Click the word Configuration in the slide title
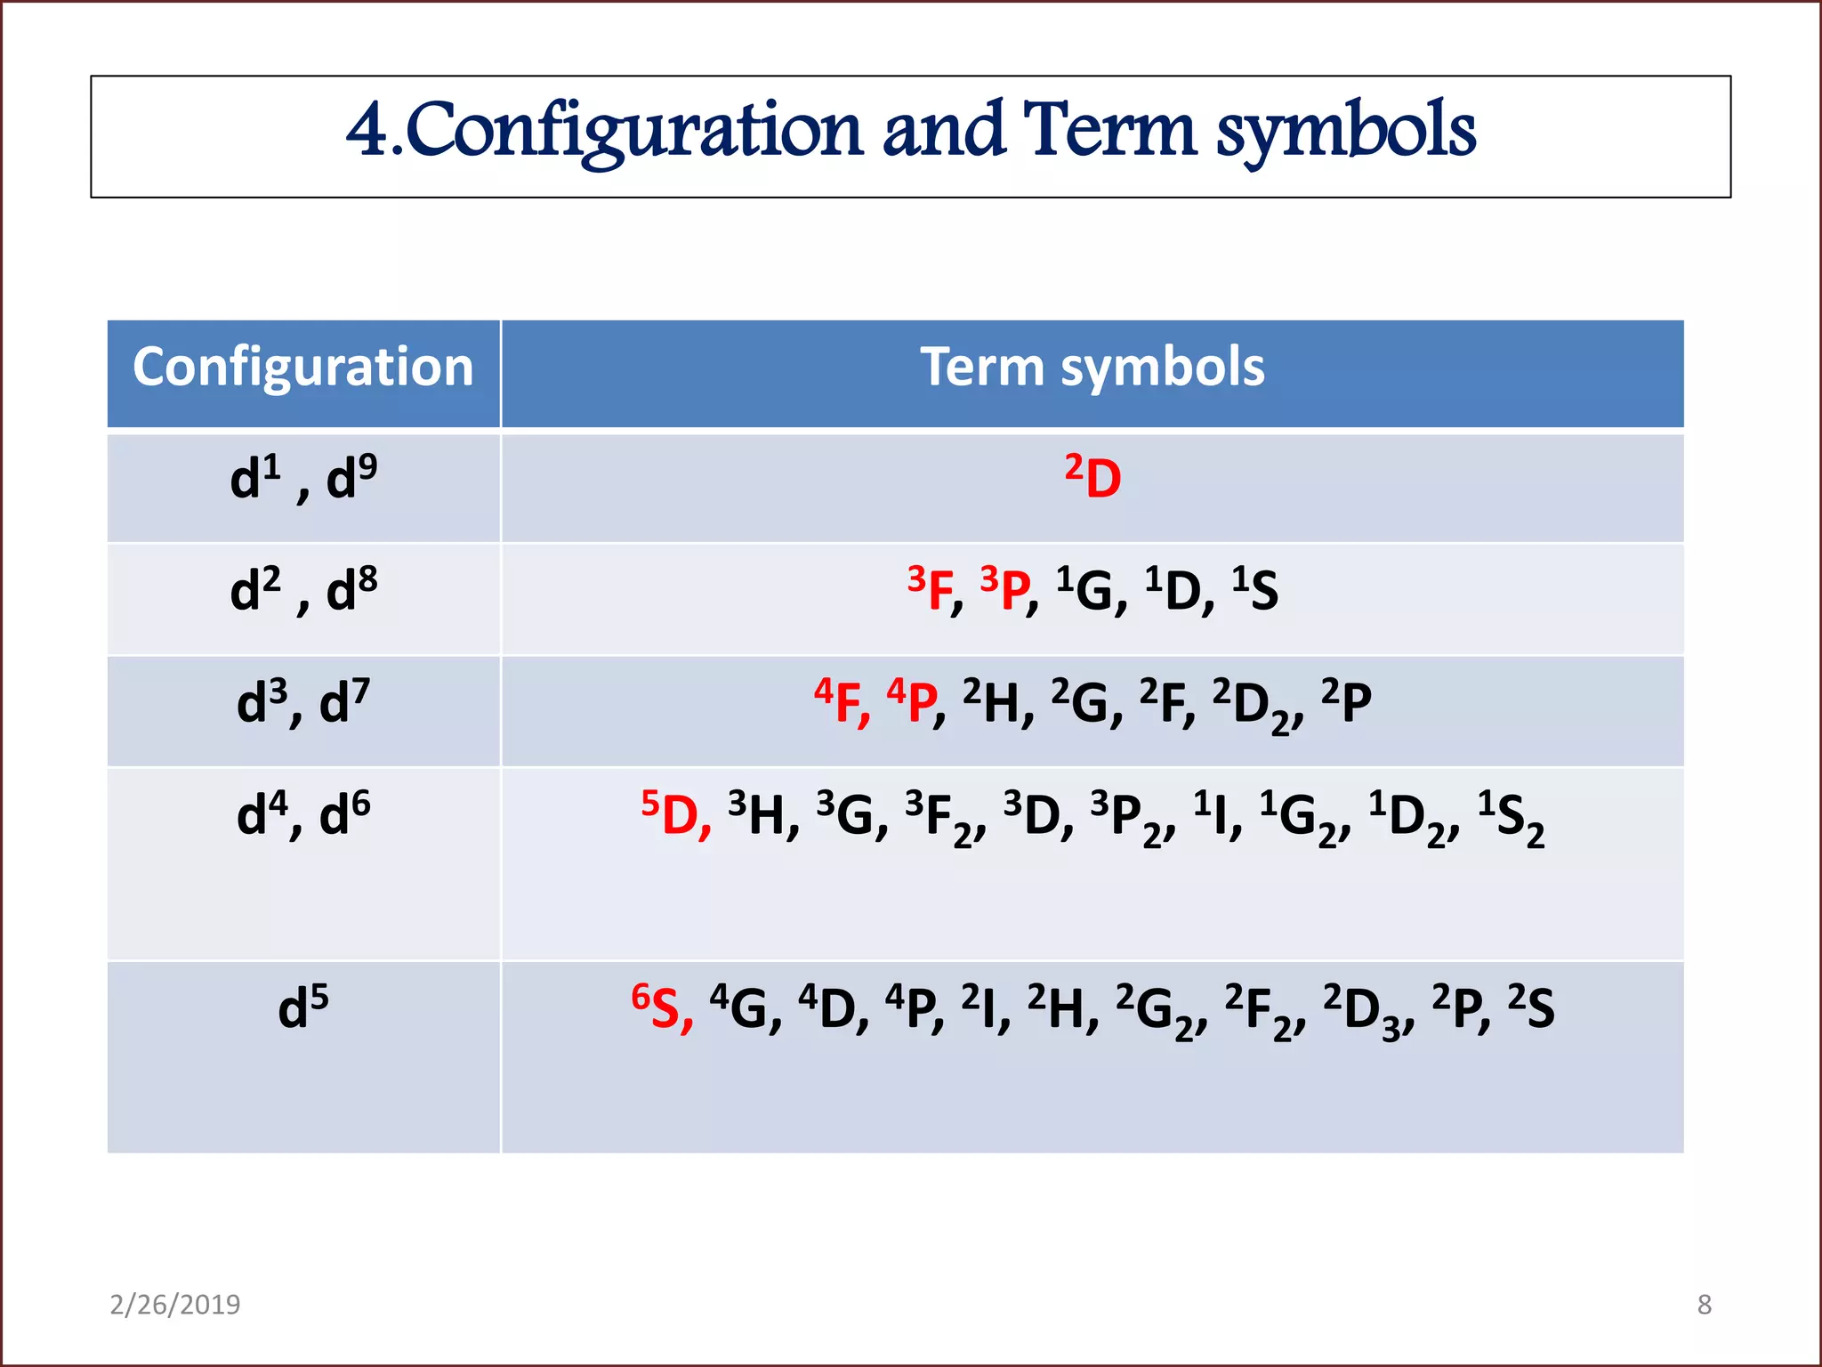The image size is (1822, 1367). [x=633, y=132]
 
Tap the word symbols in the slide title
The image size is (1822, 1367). [x=1345, y=132]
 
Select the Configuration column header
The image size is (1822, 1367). [x=303, y=368]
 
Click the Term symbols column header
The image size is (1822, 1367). [x=1092, y=368]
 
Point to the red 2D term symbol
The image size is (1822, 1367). [x=1092, y=478]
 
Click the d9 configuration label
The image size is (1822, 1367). [x=351, y=478]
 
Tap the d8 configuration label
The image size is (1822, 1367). [x=351, y=589]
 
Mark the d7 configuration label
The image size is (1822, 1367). [x=344, y=701]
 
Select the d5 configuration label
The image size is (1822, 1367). [x=303, y=1007]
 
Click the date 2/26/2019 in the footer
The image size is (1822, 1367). [x=175, y=1305]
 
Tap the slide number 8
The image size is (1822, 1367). [x=1704, y=1305]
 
